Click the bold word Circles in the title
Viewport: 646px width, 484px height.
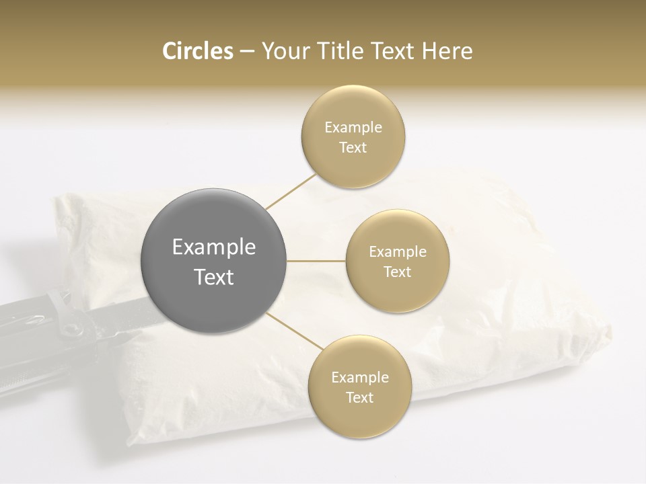coord(197,51)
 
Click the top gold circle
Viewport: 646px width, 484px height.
coord(353,136)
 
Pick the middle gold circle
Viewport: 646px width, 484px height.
coord(397,261)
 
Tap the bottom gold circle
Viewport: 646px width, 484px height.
coord(359,387)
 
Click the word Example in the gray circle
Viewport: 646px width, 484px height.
coord(214,247)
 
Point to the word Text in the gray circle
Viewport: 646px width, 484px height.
coord(214,277)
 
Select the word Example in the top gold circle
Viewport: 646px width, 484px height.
coord(353,127)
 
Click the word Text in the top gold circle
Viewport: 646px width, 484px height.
coord(353,147)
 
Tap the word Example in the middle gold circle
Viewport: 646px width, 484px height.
coord(397,251)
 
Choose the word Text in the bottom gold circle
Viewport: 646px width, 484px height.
coord(359,397)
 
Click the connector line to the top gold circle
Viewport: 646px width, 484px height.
coord(291,191)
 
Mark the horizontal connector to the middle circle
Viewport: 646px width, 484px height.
coord(316,261)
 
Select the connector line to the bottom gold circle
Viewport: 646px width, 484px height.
coord(295,331)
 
